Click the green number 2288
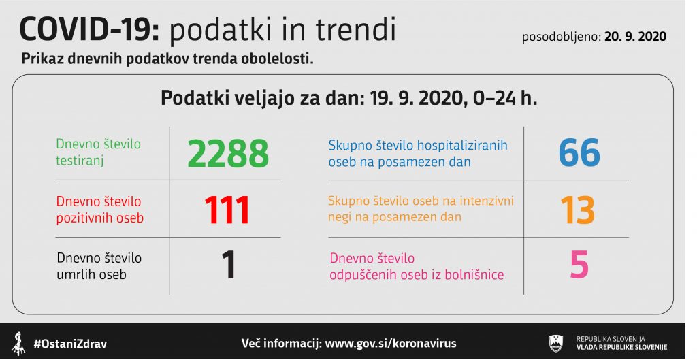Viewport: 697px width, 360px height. click(x=228, y=153)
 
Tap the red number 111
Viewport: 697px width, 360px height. click(x=227, y=210)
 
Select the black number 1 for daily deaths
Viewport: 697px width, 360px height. click(x=229, y=265)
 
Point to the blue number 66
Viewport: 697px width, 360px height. click(x=579, y=152)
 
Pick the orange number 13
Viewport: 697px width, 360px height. click(x=578, y=210)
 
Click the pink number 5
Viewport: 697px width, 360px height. click(x=579, y=265)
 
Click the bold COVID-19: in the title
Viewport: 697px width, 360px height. click(x=89, y=30)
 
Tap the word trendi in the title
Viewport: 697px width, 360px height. click(x=355, y=29)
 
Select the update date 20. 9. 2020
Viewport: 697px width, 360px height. click(x=635, y=37)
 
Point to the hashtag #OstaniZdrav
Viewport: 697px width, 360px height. click(x=70, y=344)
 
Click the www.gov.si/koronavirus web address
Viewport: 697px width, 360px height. click(x=391, y=344)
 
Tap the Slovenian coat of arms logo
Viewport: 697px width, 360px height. click(x=556, y=344)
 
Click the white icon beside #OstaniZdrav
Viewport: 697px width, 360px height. click(x=18, y=344)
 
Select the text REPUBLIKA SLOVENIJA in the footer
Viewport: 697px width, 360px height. click(x=611, y=339)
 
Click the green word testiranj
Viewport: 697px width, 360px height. click(x=80, y=161)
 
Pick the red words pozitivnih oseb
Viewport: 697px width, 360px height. click(x=100, y=218)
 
